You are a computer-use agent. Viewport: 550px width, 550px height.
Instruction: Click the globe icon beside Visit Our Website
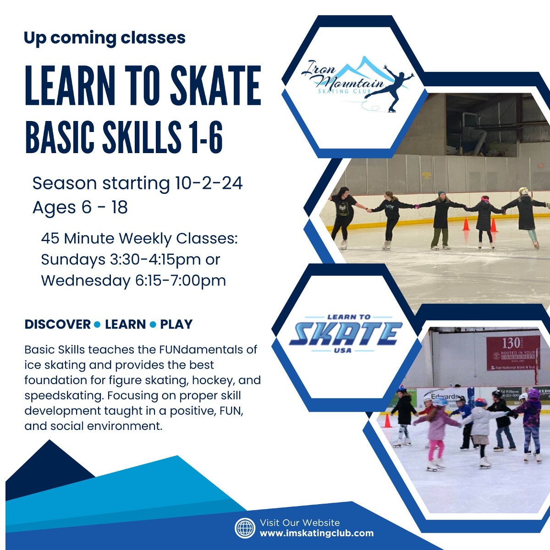245,528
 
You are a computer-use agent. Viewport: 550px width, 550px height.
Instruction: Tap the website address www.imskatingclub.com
316,533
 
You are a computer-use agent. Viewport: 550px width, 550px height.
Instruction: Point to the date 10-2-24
209,183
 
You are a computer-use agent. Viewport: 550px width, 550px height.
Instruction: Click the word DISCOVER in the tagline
58,324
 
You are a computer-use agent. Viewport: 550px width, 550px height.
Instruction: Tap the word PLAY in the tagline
176,324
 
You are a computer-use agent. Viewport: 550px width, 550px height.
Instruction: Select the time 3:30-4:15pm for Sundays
156,259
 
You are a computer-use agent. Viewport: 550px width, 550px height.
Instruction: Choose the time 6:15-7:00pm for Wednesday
181,280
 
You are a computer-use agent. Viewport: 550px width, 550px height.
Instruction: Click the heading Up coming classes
104,38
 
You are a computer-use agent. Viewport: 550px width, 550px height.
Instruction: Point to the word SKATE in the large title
215,86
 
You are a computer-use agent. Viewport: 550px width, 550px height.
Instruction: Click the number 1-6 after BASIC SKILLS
205,137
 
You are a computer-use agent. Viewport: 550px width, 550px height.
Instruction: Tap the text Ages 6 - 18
80,208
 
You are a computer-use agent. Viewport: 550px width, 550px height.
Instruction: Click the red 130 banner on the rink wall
513,352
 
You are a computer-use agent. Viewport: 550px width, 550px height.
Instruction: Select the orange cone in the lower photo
387,420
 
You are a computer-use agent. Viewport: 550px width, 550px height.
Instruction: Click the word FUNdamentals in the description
202,350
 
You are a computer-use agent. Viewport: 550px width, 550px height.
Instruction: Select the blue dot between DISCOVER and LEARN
97,324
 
